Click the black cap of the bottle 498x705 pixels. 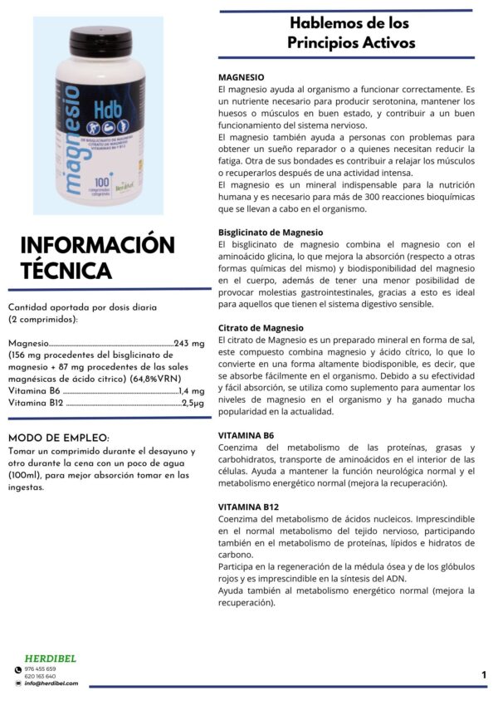point(100,37)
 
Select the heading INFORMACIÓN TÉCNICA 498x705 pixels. point(97,257)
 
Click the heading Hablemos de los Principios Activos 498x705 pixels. point(350,33)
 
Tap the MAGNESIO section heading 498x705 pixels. point(242,76)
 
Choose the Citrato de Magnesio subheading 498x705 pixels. point(261,327)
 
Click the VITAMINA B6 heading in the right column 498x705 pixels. point(246,435)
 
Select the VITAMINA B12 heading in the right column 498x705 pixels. point(248,507)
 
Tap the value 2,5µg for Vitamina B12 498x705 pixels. point(193,403)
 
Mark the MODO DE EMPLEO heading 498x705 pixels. point(57,438)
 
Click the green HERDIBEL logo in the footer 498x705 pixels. point(51,658)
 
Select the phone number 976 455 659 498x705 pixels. point(41,668)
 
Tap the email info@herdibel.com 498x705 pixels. point(51,683)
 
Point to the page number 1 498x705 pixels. point(484,675)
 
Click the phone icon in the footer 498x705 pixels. point(18,669)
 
